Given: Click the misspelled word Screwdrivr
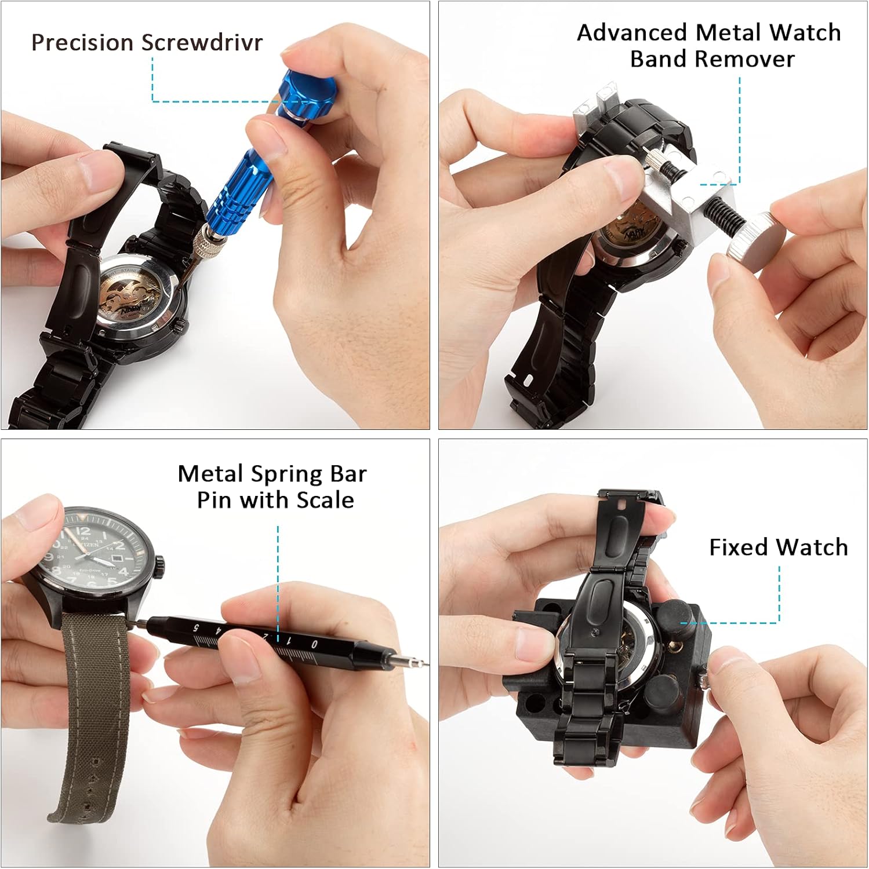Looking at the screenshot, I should point(202,42).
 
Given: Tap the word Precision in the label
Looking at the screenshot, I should point(82,42).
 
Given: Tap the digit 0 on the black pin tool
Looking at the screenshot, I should point(314,644).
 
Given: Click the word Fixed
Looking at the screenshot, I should point(739,547).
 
